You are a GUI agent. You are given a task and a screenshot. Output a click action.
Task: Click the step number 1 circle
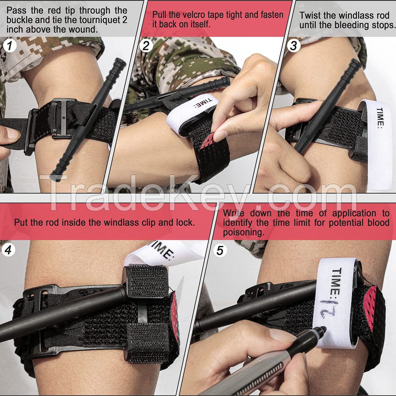(10, 46)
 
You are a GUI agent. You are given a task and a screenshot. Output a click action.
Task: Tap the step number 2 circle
(146, 46)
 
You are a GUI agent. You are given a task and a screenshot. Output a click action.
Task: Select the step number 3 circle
(293, 46)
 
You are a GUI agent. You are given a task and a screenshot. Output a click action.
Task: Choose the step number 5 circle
(221, 250)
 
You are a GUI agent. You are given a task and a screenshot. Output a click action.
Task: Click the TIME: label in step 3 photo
(380, 118)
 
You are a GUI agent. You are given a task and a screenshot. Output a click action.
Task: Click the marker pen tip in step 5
(324, 329)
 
